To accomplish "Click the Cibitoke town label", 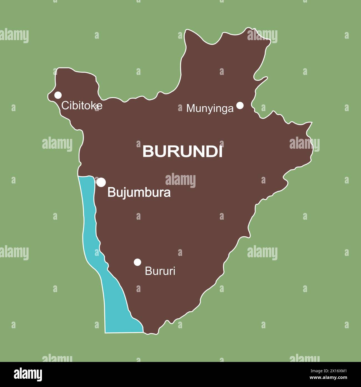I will (x=82, y=106).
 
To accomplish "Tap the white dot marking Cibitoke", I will (x=58, y=95).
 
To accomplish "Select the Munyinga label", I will (x=210, y=108).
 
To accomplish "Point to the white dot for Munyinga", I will (x=240, y=105).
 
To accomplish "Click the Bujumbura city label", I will (x=139, y=193).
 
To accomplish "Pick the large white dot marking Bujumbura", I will (x=101, y=182).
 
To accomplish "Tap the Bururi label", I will (x=160, y=271).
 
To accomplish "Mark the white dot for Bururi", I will (x=137, y=262).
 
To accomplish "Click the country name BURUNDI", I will (x=182, y=152).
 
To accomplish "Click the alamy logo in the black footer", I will (x=28, y=374).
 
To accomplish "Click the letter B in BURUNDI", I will (x=147, y=152).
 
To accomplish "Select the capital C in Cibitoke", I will (x=65, y=106).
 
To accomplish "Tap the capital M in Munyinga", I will (x=190, y=108).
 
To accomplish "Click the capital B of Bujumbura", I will (x=111, y=193).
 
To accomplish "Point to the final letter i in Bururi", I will (x=174, y=271).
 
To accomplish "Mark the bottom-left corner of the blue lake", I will (x=105, y=332).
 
